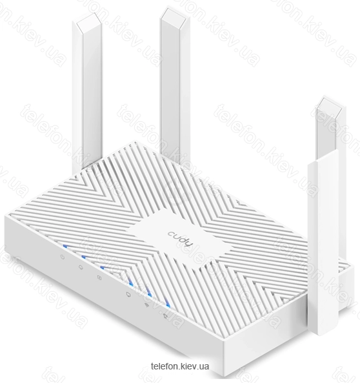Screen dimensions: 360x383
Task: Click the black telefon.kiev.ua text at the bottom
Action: pos(180,366)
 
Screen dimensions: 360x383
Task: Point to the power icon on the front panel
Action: pos(63,256)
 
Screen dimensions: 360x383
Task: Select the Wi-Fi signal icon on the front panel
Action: pos(147,305)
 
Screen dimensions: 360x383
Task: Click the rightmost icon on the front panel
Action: pos(166,316)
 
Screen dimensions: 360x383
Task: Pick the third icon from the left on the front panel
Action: pos(99,278)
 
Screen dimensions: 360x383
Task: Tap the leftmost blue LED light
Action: pos(65,247)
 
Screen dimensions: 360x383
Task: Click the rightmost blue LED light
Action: pos(168,305)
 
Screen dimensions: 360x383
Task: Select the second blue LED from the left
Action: pos(84,257)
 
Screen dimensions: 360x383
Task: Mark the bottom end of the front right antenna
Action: pos(324,334)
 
